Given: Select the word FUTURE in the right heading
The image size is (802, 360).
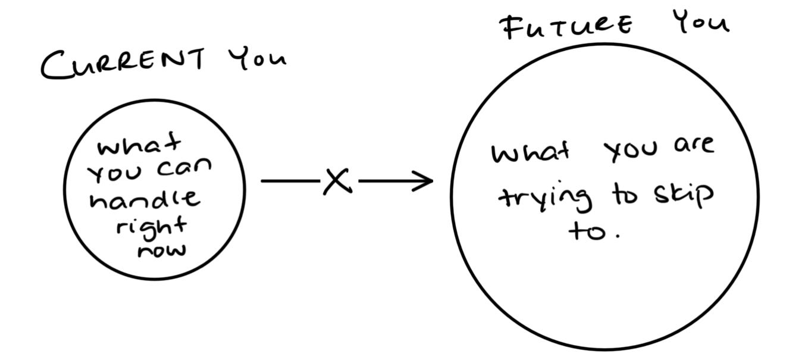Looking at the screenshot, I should [565, 27].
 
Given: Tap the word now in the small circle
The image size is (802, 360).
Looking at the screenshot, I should [161, 248].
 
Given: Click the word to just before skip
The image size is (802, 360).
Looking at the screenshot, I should [625, 195].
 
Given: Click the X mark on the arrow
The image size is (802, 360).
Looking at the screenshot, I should [337, 181].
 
